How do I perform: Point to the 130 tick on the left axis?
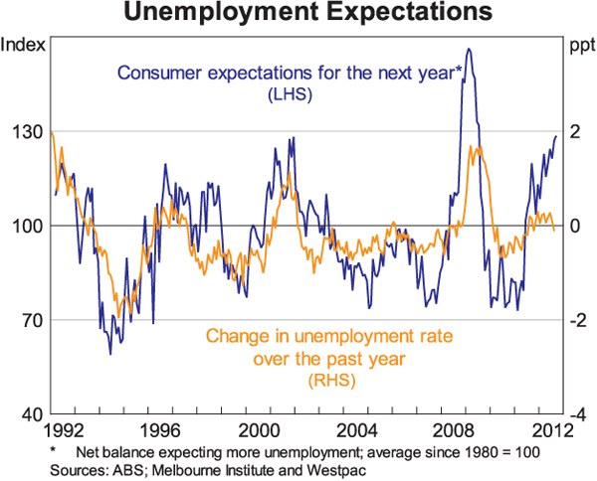coord(24,132)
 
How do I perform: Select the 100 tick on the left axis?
coord(24,227)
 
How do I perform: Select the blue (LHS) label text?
coord(291,94)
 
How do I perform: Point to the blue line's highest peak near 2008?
coord(469,49)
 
